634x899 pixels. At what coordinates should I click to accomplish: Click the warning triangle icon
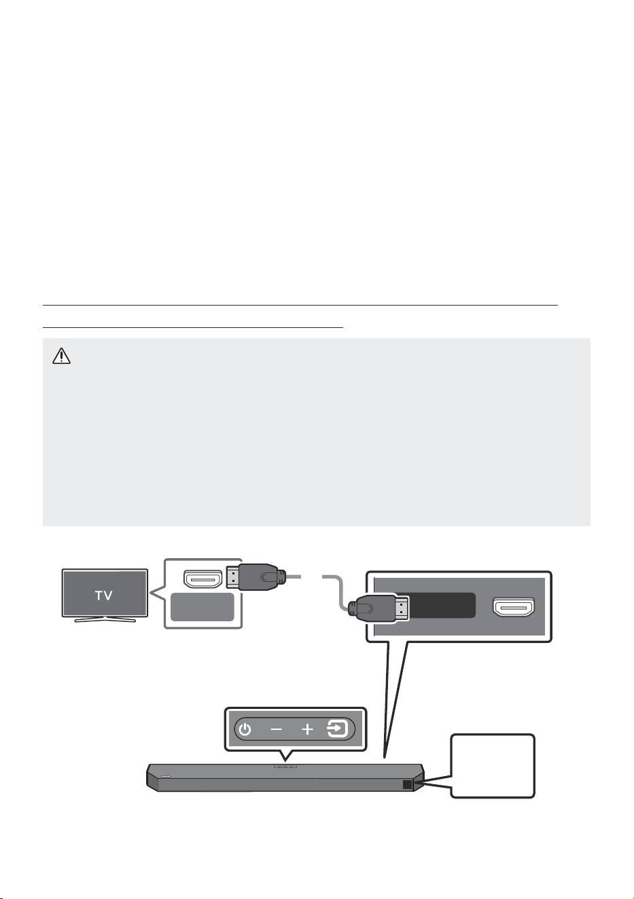(x=61, y=356)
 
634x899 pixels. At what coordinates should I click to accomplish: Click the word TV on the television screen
(x=104, y=595)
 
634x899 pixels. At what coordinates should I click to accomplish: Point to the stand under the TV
(x=105, y=619)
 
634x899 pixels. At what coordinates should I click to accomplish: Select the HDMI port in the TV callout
(x=203, y=579)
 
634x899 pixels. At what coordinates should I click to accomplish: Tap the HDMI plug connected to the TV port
(x=256, y=577)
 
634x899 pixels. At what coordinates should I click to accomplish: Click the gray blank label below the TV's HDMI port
(x=202, y=607)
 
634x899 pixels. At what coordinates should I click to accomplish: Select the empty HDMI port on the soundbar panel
(x=514, y=607)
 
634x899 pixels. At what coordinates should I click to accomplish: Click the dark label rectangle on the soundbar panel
(x=442, y=605)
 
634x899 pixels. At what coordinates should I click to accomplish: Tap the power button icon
(x=245, y=729)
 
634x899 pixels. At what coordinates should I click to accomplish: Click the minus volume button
(x=277, y=729)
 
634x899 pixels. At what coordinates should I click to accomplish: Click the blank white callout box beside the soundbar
(x=493, y=766)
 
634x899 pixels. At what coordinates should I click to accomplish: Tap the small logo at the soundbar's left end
(x=165, y=776)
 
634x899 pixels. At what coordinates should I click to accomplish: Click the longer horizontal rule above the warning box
(x=300, y=305)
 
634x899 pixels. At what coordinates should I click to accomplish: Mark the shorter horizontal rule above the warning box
(x=193, y=327)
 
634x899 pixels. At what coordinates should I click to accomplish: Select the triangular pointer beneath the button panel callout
(x=285, y=755)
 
